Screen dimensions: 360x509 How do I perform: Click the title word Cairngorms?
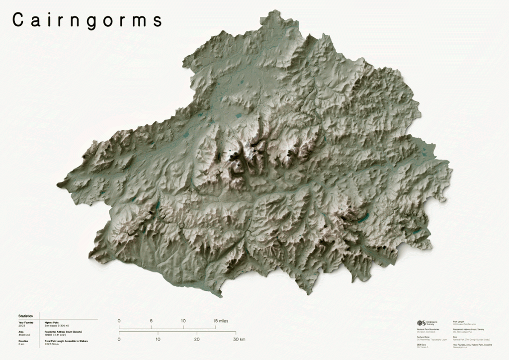click(87, 20)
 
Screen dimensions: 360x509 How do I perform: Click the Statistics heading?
click(25, 316)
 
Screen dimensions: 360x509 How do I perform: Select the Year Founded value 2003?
click(21, 325)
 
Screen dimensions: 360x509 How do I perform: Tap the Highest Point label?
click(52, 322)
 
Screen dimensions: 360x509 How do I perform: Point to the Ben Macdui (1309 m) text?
click(57, 325)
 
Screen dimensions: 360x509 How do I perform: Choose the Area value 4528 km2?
click(24, 335)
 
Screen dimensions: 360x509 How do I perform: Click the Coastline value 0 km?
click(21, 344)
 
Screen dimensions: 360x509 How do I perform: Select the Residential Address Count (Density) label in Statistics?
click(63, 332)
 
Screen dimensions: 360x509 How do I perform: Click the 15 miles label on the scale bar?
click(222, 321)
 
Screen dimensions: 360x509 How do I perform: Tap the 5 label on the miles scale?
click(151, 321)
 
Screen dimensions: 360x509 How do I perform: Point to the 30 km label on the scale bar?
click(239, 339)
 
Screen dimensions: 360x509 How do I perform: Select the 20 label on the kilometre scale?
click(197, 339)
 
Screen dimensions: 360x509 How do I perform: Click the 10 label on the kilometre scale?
click(158, 339)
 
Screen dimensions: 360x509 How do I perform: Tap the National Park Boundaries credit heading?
click(428, 329)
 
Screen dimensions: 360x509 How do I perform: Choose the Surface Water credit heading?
click(423, 337)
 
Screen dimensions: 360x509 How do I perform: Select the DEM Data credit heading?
click(422, 344)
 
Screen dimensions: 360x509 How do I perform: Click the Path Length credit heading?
click(459, 322)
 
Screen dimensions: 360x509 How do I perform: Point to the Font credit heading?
click(455, 337)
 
